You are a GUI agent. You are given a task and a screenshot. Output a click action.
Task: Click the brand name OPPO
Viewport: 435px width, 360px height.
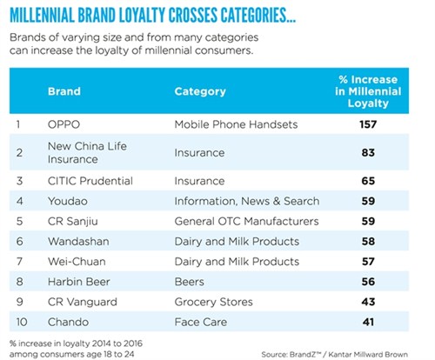[x=63, y=124]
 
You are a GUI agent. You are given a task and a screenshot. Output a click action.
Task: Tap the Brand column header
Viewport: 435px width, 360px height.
[x=64, y=90]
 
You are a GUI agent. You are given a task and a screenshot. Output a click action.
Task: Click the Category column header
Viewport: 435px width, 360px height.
[x=200, y=90]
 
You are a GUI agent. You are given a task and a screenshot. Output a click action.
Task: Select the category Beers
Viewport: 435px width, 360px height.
[x=191, y=282]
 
